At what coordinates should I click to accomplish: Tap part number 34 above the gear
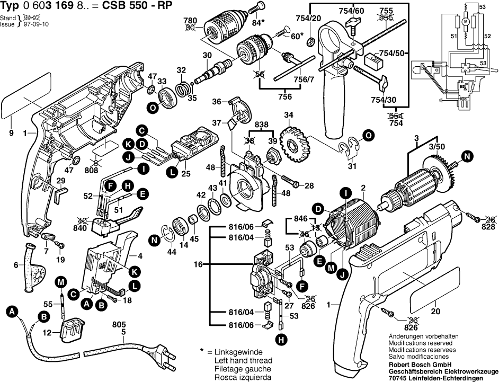click(x=288, y=115)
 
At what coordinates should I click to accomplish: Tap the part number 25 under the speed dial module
click(x=185, y=173)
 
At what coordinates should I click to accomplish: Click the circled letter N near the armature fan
click(x=467, y=156)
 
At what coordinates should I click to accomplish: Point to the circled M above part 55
click(x=61, y=281)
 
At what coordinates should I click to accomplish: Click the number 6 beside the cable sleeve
click(x=16, y=265)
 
